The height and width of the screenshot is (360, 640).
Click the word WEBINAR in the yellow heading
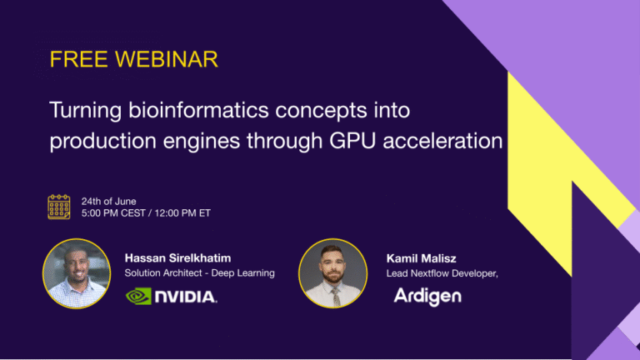pyautogui.click(x=167, y=59)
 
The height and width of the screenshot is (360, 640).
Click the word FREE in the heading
pyautogui.click(x=79, y=59)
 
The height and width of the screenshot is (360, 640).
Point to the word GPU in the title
pyautogui.click(x=352, y=141)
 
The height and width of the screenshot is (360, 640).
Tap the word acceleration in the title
pyautogui.click(x=442, y=141)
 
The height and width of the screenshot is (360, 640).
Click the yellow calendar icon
pyautogui.click(x=59, y=207)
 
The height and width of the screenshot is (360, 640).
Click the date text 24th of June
pyautogui.click(x=108, y=201)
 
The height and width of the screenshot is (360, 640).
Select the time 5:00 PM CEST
pyautogui.click(x=113, y=213)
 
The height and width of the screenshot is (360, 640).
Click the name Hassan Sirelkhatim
pyautogui.click(x=178, y=258)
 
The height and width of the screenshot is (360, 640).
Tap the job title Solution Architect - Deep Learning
pyautogui.click(x=200, y=273)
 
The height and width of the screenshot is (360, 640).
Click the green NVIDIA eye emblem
pyautogui.click(x=139, y=297)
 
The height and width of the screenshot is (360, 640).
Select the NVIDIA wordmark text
pyautogui.click(x=186, y=297)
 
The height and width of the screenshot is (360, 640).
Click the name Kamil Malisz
pyautogui.click(x=421, y=258)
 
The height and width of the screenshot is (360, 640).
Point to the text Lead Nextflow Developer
pyautogui.click(x=442, y=273)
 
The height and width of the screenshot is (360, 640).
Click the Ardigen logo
pyautogui.click(x=427, y=297)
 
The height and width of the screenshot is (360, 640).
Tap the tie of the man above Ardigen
pyautogui.click(x=336, y=297)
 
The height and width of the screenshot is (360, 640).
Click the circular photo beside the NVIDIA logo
pyautogui.click(x=77, y=273)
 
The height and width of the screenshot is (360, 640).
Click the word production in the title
pyautogui.click(x=102, y=141)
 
